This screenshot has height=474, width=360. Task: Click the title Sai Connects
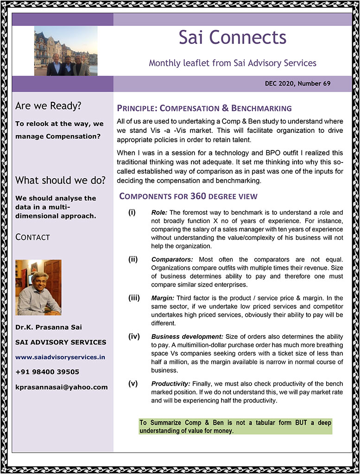pos(233,37)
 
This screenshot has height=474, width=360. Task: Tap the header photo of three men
pos(66,51)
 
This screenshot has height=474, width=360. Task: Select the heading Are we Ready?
pos(48,106)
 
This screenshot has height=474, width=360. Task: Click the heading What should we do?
pos(60,180)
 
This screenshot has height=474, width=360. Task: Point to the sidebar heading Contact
pos(32,237)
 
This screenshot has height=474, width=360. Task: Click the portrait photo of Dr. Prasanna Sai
pos(38,287)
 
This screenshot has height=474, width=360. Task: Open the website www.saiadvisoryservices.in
pos(60,357)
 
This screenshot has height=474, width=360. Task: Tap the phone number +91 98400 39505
pos(47,372)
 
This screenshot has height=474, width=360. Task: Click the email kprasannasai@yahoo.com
pos(61,387)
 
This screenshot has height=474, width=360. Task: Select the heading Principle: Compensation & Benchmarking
pos(204,108)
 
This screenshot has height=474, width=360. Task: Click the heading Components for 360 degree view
pos(188,196)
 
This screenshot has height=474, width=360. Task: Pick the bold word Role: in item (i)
pos(159,212)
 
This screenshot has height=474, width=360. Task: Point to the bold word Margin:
pos(162,298)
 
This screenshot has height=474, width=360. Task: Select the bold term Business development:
pos(187,336)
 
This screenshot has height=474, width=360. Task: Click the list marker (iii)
pos(134,298)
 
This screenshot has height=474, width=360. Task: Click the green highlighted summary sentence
pos(235,427)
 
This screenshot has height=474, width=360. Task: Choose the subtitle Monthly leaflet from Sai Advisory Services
pos(233,62)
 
